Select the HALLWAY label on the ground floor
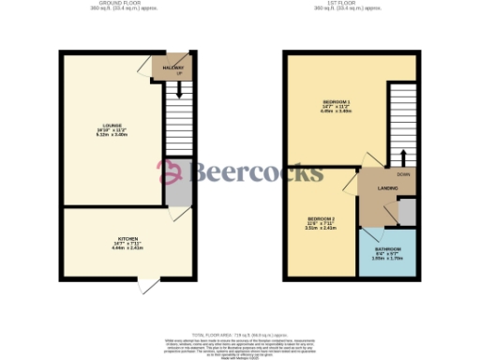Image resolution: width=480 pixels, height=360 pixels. (x=171, y=68)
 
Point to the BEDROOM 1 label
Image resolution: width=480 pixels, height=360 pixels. (x=336, y=100)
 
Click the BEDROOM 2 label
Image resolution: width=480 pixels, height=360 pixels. (x=321, y=218)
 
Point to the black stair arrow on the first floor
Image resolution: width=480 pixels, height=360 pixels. (x=403, y=156)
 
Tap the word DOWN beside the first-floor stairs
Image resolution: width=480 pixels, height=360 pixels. (x=403, y=173)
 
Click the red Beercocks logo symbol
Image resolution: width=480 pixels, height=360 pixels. (x=170, y=171)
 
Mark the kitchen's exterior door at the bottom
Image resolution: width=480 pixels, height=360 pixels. (x=148, y=285)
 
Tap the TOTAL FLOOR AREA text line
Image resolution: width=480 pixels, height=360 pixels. (x=239, y=335)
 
